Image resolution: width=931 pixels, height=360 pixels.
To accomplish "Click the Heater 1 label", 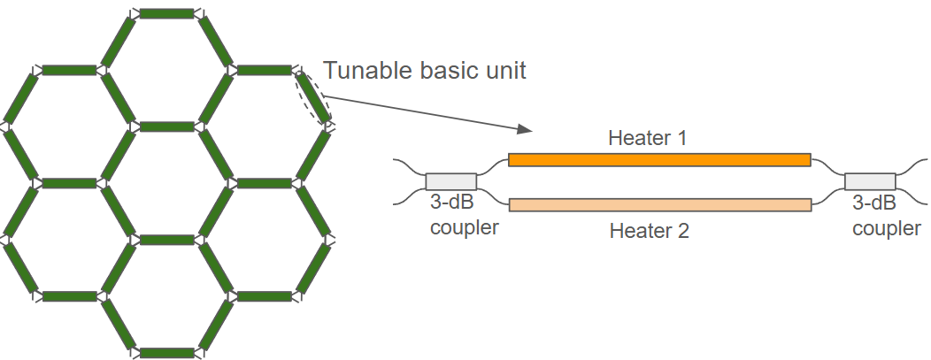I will coord(647,138).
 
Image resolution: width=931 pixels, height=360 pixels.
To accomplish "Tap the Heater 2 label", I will coord(649,232).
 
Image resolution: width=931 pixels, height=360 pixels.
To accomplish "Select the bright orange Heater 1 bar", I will coord(659,160).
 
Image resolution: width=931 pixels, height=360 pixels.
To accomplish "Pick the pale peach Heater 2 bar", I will coord(659,205).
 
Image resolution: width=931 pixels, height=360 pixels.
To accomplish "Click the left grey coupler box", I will coord(450,181).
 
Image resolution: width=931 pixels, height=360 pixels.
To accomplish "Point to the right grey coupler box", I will coord(870,181).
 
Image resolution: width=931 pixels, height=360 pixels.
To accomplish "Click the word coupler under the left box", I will coord(465,228).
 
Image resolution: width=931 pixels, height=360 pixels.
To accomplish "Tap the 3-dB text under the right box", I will coord(874,203).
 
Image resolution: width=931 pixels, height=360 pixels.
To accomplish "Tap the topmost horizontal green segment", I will coord(166,13).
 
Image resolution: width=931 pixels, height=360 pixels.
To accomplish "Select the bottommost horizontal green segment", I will coord(166,353).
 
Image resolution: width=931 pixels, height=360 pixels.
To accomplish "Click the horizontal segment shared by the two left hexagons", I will coord(69,183).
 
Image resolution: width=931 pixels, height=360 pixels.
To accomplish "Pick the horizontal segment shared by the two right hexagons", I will coord(264,183).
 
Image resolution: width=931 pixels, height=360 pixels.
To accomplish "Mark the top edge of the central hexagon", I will coord(166,126).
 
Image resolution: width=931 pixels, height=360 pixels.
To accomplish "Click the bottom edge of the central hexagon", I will coord(166,240).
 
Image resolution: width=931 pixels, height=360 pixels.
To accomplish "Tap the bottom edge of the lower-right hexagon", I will coord(264,296).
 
